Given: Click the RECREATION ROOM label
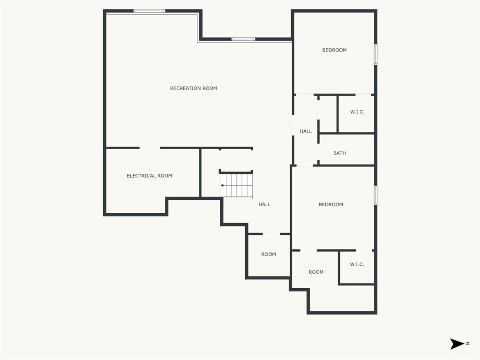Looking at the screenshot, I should pyautogui.click(x=193, y=88).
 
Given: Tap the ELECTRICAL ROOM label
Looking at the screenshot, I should pyautogui.click(x=149, y=176).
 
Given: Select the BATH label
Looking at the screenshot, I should pyautogui.click(x=339, y=153).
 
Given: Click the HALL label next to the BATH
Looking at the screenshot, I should pyautogui.click(x=306, y=131).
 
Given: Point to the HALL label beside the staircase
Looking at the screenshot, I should pyautogui.click(x=264, y=204).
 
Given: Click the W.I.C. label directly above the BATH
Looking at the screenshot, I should pyautogui.click(x=357, y=112).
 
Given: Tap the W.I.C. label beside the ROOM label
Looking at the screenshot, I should pyautogui.click(x=357, y=264).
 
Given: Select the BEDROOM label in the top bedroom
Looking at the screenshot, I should pyautogui.click(x=334, y=50).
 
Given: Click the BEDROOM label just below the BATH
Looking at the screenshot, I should pyautogui.click(x=330, y=204).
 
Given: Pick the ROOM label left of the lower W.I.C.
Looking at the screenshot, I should pyautogui.click(x=316, y=272).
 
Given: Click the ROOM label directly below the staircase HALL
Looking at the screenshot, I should pyautogui.click(x=269, y=254).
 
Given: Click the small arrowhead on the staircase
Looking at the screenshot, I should pyautogui.click(x=223, y=186).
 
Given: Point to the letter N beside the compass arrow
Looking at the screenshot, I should pyautogui.click(x=468, y=344).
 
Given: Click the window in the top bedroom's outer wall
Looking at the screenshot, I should pyautogui.click(x=375, y=54).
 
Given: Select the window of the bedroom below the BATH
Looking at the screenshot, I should pyautogui.click(x=375, y=195).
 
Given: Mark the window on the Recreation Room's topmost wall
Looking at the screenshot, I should pyautogui.click(x=149, y=11).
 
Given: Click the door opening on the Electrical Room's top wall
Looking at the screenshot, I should pyautogui.click(x=150, y=148).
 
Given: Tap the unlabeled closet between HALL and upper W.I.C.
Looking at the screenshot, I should pyautogui.click(x=328, y=114).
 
